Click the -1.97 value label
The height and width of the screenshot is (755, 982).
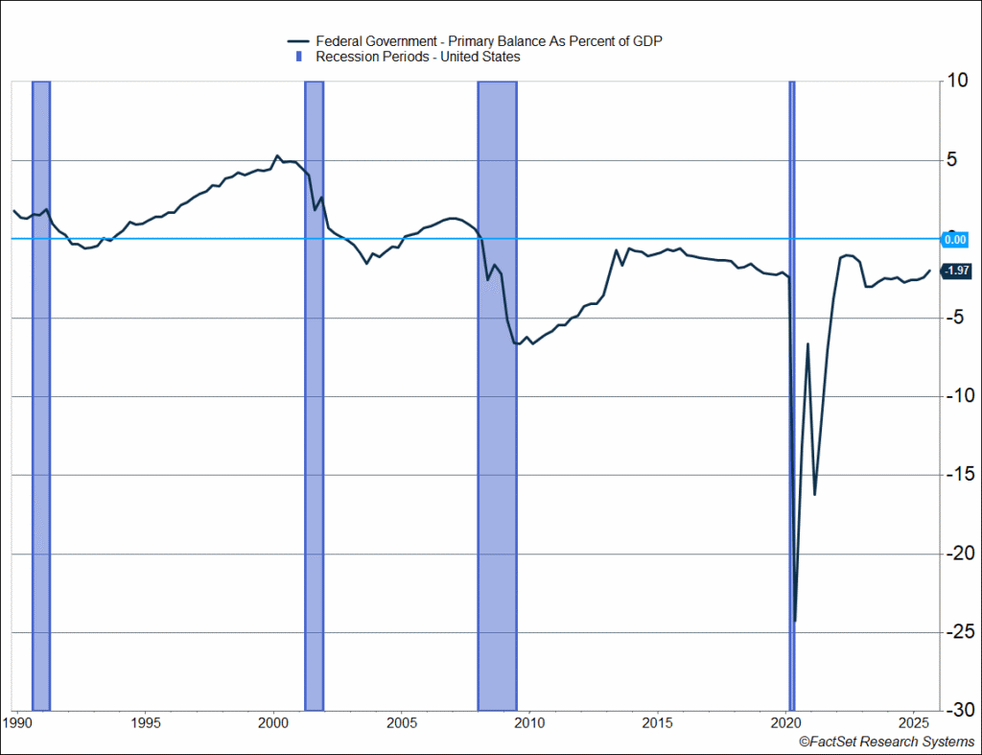click(x=956, y=271)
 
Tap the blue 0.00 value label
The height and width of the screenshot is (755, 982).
click(x=955, y=239)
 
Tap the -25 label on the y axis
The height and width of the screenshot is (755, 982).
click(x=955, y=632)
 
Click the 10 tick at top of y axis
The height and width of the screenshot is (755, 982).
click(x=955, y=82)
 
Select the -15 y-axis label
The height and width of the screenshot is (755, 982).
click(x=955, y=475)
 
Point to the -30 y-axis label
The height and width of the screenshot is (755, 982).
click(x=955, y=710)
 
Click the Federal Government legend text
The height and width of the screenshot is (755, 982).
click(x=489, y=41)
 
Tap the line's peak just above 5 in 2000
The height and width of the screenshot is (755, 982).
click(x=277, y=155)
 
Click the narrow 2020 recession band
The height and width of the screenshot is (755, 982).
click(x=792, y=384)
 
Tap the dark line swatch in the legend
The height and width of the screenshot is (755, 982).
click(x=297, y=41)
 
